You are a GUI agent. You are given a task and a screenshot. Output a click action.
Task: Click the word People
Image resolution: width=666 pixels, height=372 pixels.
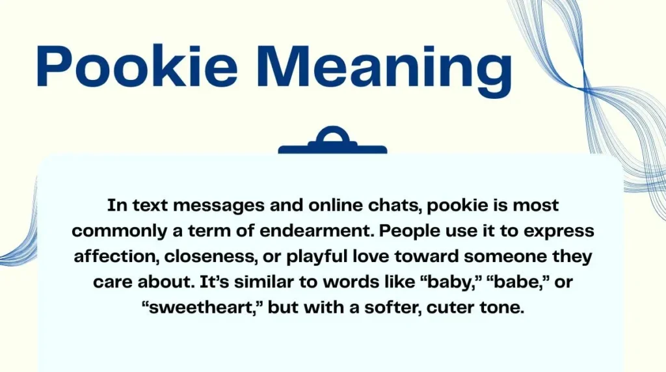point(418,232)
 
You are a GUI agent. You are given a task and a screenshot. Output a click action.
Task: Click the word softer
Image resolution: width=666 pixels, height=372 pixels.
point(392,308)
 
